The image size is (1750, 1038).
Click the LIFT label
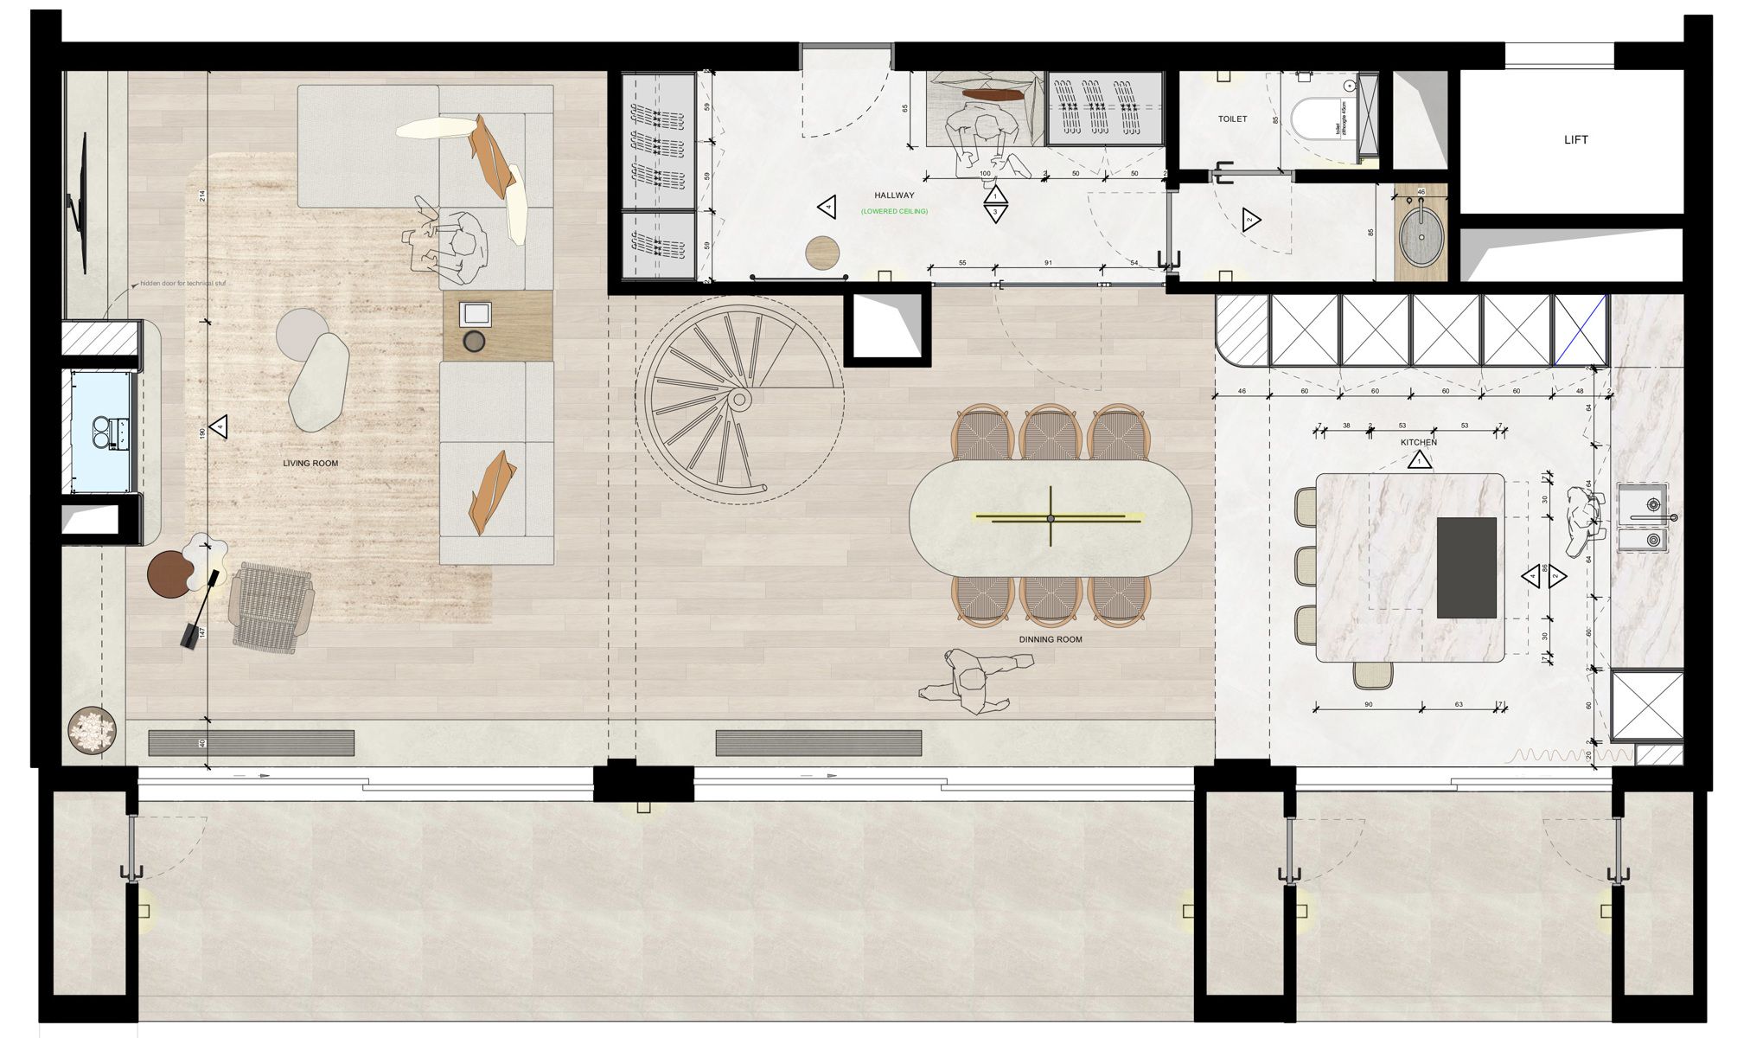point(1575,139)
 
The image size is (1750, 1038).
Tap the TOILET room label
point(1232,119)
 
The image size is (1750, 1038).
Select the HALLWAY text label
point(894,195)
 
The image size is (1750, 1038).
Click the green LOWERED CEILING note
point(894,211)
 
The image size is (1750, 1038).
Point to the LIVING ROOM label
point(310,464)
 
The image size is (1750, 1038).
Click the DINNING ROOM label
point(1050,640)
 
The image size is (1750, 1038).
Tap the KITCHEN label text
point(1418,442)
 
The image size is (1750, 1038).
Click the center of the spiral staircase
point(740,400)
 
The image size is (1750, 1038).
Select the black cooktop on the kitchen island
point(1466,567)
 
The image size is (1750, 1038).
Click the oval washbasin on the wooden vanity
point(1421,234)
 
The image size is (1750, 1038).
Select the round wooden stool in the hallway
point(822,252)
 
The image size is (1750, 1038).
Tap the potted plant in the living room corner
point(92,731)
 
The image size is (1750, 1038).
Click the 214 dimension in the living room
point(202,196)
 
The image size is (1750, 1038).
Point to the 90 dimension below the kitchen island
point(1369,705)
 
